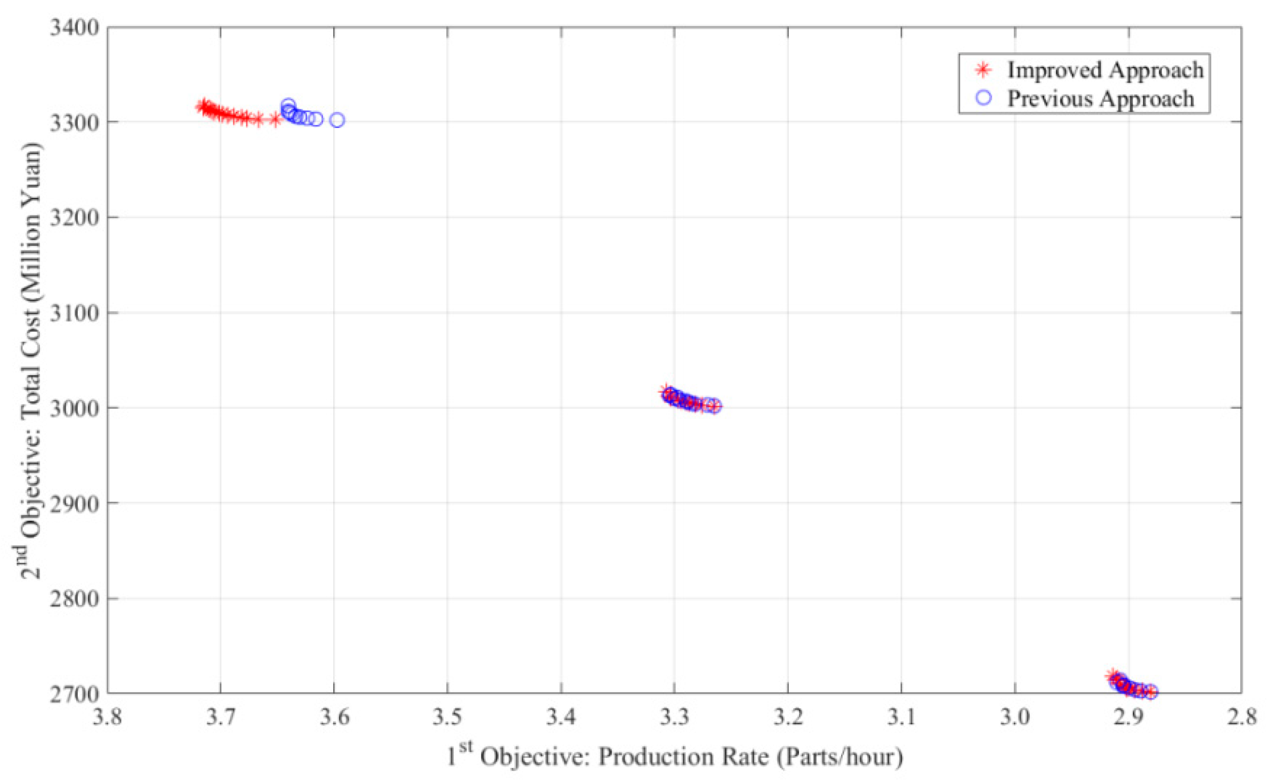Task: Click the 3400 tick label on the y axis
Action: click(74, 28)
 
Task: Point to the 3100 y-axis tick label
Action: click(74, 313)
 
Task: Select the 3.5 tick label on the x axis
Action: click(447, 717)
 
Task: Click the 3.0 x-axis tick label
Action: click(1014, 717)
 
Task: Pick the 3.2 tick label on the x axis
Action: click(788, 717)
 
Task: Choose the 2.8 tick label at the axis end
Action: click(1241, 717)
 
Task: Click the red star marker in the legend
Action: click(983, 70)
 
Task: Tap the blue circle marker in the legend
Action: click(983, 98)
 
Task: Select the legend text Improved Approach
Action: click(1105, 70)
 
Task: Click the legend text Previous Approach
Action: click(1100, 99)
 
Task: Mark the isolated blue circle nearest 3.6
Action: click(337, 120)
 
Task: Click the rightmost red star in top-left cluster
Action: click(275, 120)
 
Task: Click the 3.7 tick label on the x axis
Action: click(221, 717)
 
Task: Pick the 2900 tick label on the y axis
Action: click(74, 504)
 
